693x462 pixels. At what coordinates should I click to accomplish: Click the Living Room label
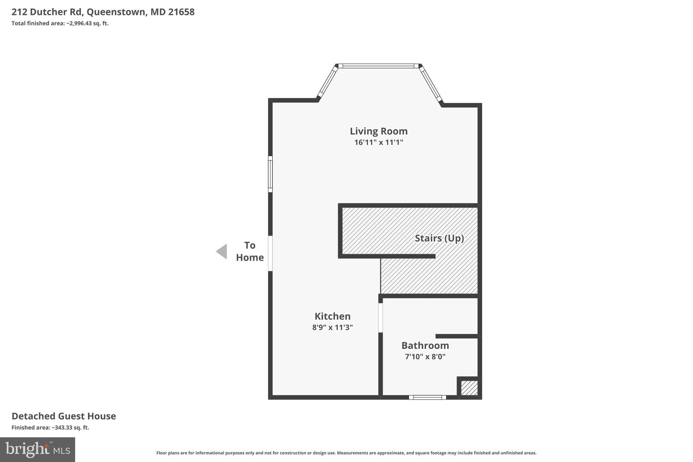click(x=378, y=131)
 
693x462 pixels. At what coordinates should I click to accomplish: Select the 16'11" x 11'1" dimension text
click(x=378, y=142)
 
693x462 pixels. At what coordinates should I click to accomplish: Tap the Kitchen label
click(x=332, y=316)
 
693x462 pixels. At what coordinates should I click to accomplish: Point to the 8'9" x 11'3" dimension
click(x=332, y=327)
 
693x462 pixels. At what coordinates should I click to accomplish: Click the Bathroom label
click(x=425, y=345)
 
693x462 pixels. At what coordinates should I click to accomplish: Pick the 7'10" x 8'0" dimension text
click(x=425, y=356)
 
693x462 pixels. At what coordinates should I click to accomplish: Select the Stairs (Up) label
click(x=439, y=238)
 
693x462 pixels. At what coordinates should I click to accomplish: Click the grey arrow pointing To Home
click(x=222, y=251)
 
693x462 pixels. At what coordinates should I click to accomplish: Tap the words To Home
click(x=250, y=251)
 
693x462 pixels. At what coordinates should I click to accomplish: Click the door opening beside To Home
click(x=270, y=253)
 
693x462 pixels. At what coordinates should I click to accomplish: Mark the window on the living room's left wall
click(x=270, y=174)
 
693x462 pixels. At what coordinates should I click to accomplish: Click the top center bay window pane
click(x=378, y=66)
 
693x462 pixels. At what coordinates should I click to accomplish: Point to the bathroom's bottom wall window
click(x=427, y=397)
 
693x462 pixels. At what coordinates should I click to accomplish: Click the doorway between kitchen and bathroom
click(x=380, y=317)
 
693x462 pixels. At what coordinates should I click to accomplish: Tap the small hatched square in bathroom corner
click(x=469, y=388)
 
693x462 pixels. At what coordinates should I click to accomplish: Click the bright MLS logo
click(x=38, y=449)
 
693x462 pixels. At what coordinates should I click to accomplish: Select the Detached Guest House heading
click(x=64, y=416)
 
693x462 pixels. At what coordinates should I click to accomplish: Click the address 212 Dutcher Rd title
click(x=103, y=12)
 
